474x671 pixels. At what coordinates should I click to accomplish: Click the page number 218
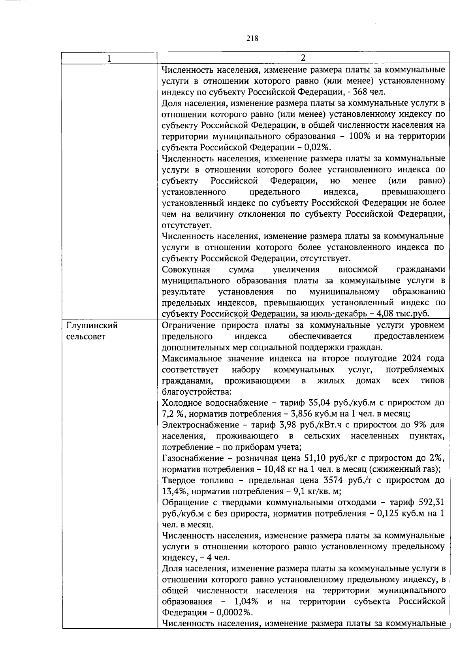(x=252, y=38)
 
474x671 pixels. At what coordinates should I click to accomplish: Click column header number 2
(x=303, y=58)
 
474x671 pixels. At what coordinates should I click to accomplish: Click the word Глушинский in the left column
(x=92, y=326)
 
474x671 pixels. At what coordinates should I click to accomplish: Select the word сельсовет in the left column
(x=86, y=337)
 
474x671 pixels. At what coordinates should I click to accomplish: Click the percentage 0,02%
(x=318, y=147)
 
